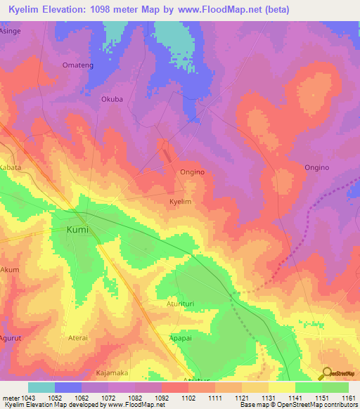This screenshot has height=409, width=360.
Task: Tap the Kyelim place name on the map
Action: coord(181,202)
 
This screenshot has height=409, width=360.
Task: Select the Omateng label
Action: coord(77,66)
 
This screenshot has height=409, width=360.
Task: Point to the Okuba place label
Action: coord(112,99)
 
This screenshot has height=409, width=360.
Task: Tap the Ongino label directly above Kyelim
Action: coord(193,172)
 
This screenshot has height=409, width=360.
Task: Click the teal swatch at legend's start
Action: coord(41,387)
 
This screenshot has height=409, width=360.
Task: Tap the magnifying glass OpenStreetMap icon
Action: coord(326,372)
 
